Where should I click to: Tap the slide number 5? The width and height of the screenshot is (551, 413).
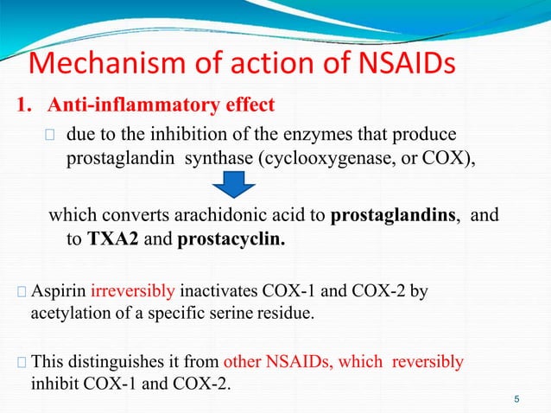pyautogui.click(x=516, y=398)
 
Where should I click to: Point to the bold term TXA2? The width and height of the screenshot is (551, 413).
pyautogui.click(x=111, y=238)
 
